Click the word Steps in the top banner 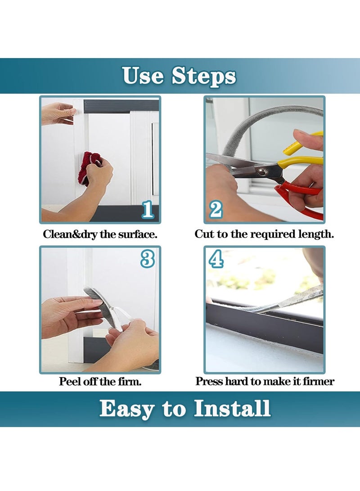pyautogui.click(x=204, y=76)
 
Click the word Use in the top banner pyautogui.click(x=143, y=75)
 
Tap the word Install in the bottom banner pyautogui.click(x=232, y=408)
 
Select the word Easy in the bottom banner pyautogui.click(x=127, y=410)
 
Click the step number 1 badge pyautogui.click(x=148, y=209)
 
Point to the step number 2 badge pyautogui.click(x=216, y=209)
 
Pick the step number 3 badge pyautogui.click(x=148, y=259)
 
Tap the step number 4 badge pyautogui.click(x=216, y=259)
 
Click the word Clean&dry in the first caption pyautogui.click(x=71, y=234)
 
